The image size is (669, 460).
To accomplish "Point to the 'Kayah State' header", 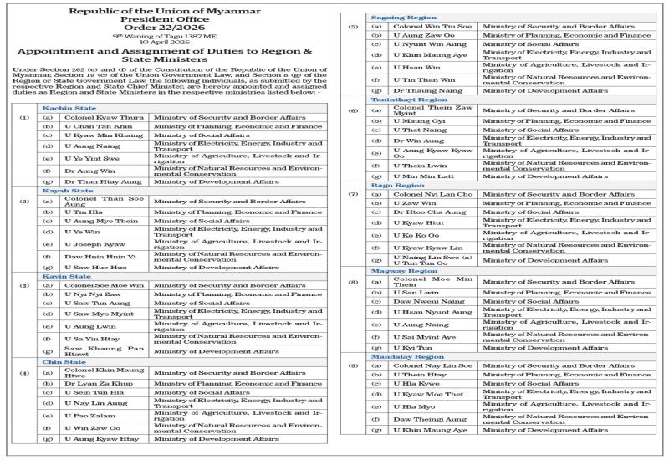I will point(64,191).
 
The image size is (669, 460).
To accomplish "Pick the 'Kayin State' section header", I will point(64,276).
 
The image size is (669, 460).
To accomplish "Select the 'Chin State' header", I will point(62,362).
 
